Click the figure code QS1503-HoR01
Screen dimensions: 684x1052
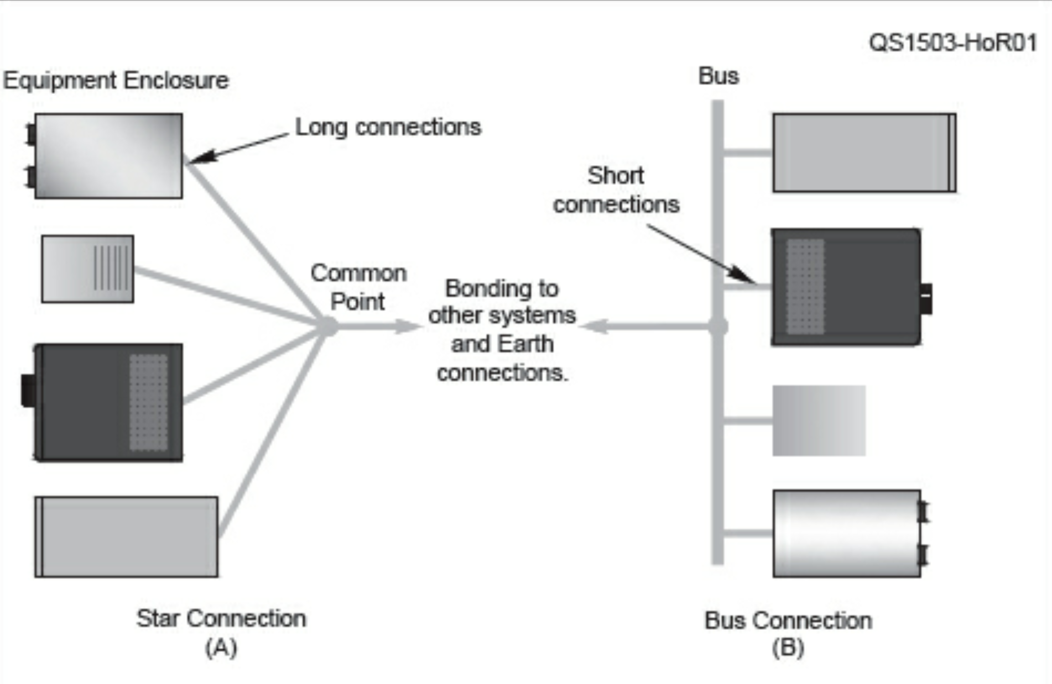coord(952,43)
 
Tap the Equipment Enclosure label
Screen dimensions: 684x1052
coord(116,81)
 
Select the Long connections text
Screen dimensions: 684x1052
coord(388,127)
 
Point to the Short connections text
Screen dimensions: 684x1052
coord(616,190)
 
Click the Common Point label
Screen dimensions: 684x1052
coord(358,287)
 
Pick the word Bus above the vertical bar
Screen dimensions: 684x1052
coord(718,76)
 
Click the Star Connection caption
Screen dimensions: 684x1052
coord(221,618)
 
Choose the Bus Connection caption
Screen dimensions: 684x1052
coord(788,620)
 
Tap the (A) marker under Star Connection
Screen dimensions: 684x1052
coord(221,647)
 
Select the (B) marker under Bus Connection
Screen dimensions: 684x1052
coord(788,648)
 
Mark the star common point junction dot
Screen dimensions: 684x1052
coord(328,326)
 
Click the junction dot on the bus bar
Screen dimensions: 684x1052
coord(718,326)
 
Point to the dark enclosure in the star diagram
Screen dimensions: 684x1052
coord(109,402)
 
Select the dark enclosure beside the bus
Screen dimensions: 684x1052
coord(846,287)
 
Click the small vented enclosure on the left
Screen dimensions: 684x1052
coord(87,269)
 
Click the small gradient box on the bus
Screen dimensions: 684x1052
coord(819,420)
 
